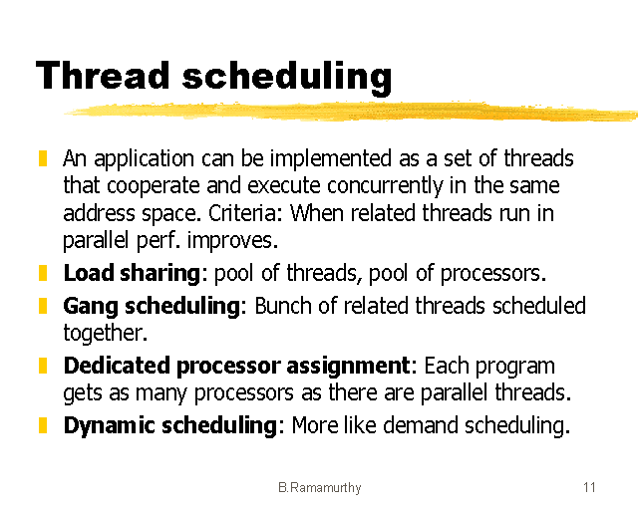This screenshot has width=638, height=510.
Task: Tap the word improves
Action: pyautogui.click(x=239, y=240)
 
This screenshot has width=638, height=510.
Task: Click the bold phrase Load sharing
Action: pyautogui.click(x=133, y=273)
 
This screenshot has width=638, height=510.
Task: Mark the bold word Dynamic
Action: pyautogui.click(x=107, y=425)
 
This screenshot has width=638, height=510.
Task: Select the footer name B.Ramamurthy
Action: pyautogui.click(x=320, y=487)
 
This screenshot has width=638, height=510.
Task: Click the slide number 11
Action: pyautogui.click(x=589, y=487)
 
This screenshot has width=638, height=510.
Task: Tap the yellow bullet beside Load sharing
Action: pyautogui.click(x=43, y=272)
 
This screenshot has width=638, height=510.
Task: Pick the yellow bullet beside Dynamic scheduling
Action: pyautogui.click(x=43, y=425)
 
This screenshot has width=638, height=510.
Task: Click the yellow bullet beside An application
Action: pyautogui.click(x=43, y=158)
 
